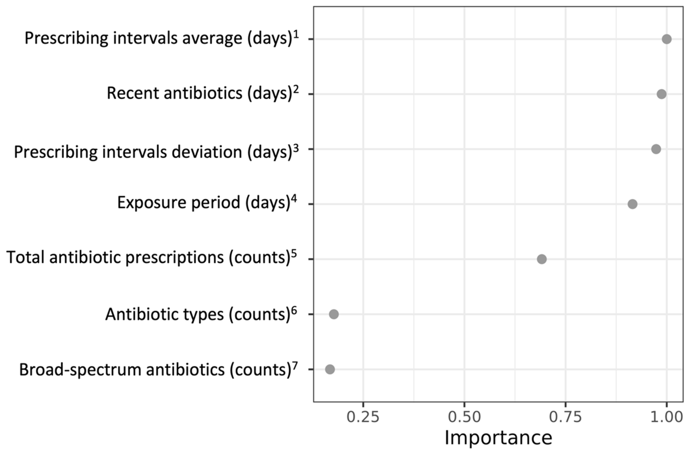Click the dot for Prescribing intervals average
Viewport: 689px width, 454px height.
(x=667, y=39)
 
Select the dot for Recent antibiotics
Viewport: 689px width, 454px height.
(x=662, y=94)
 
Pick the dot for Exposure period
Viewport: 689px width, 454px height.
(x=632, y=204)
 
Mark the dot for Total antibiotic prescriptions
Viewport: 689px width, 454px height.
(x=542, y=259)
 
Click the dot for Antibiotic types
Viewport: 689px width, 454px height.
(x=334, y=314)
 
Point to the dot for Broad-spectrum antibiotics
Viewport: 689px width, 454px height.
(x=330, y=369)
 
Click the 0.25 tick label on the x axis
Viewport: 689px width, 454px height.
(x=363, y=417)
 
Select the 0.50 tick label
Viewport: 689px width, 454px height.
(x=464, y=417)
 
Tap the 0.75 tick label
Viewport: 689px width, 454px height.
(x=566, y=417)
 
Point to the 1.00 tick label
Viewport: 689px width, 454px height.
(x=667, y=417)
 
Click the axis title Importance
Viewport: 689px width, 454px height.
(x=498, y=438)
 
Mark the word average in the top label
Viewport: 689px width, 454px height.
(x=212, y=38)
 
